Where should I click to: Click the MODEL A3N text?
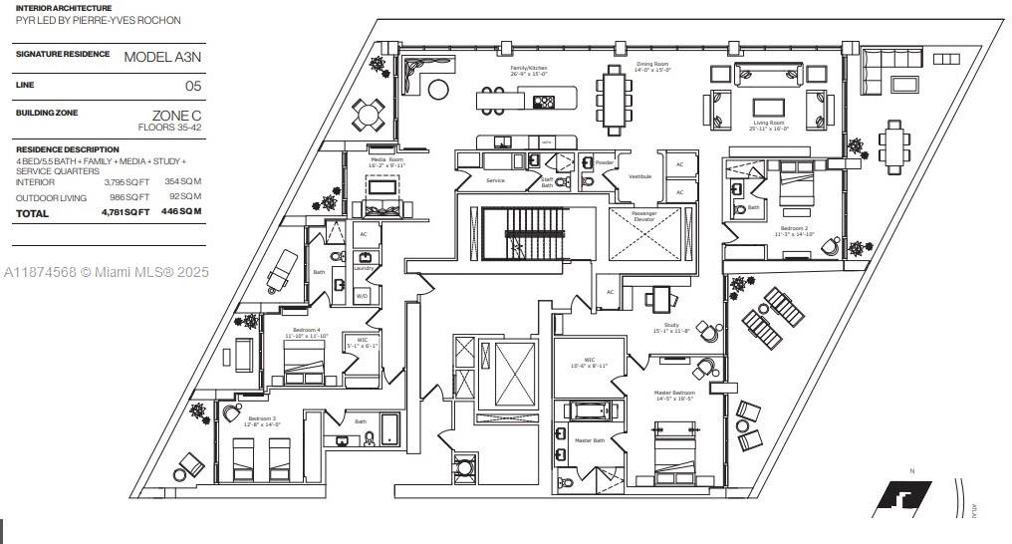[161, 57]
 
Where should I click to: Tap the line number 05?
[192, 86]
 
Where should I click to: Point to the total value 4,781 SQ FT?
[126, 212]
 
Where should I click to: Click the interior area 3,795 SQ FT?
[126, 182]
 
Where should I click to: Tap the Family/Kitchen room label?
[528, 69]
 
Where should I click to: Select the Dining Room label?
[652, 65]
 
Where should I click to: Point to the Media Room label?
[386, 159]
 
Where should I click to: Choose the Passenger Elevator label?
[644, 215]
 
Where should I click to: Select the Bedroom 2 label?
[796, 229]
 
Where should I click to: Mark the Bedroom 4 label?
[306, 330]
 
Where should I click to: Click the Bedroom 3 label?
[262, 418]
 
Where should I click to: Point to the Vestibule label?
[639, 176]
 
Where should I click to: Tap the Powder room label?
[604, 161]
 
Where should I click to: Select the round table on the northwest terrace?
[369, 116]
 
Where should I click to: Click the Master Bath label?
[589, 440]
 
